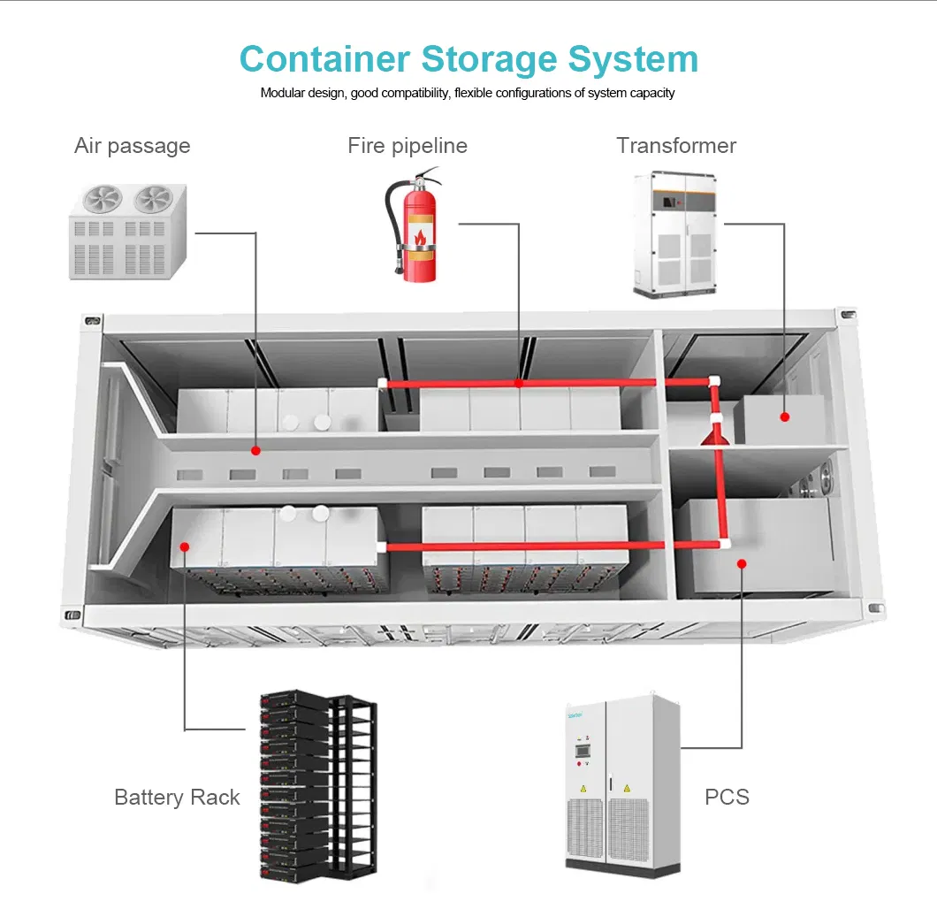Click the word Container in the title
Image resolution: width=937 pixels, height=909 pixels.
[324, 59]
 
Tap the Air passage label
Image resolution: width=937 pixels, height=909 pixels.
[133, 146]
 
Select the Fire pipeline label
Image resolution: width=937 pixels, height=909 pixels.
[408, 146]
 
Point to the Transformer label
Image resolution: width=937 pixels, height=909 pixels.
[676, 146]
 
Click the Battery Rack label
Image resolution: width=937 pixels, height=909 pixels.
[177, 798]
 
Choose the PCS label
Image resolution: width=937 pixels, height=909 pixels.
[727, 798]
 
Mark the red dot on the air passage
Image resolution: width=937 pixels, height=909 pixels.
[255, 450]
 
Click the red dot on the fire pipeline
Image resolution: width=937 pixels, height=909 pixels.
[519, 383]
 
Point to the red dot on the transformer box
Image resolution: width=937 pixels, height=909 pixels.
[784, 415]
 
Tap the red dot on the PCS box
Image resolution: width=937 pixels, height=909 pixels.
[742, 562]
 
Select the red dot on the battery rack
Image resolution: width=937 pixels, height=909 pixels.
[185, 546]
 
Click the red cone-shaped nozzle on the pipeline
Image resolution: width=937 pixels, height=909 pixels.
[713, 433]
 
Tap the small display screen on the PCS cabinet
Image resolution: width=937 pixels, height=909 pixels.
[582, 750]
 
